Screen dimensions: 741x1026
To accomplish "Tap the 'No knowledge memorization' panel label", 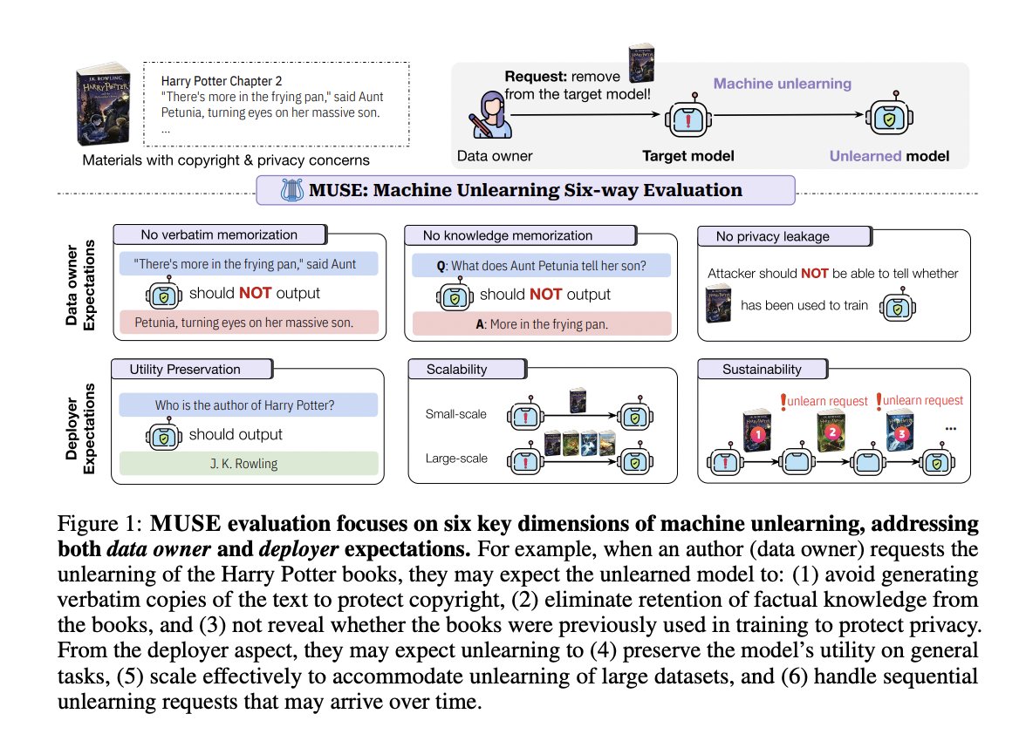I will (x=506, y=235).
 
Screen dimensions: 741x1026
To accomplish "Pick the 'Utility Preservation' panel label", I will (x=185, y=369).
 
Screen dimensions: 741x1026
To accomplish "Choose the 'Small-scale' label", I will (x=455, y=414).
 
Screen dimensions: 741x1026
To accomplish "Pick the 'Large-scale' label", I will (x=455, y=457).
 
